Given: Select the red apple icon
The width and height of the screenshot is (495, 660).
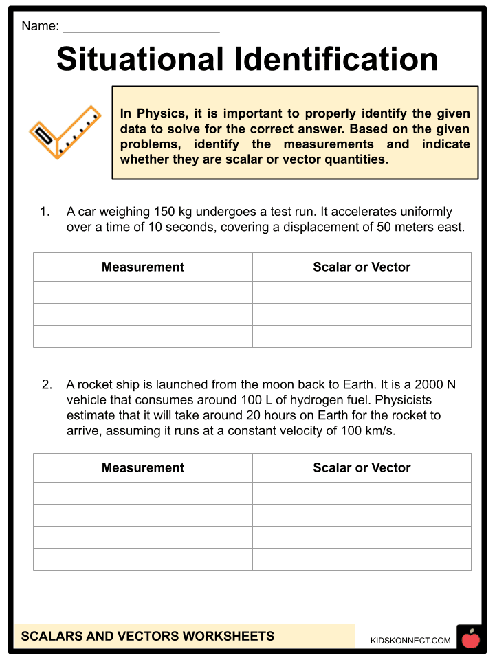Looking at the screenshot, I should click(471, 639).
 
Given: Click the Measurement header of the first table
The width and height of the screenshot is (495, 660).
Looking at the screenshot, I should click(143, 267).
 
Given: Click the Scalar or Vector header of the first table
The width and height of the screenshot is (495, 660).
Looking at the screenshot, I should click(362, 267).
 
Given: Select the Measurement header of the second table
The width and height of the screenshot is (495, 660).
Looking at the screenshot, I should click(143, 467).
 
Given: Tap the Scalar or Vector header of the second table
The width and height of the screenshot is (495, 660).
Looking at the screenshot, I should click(362, 467).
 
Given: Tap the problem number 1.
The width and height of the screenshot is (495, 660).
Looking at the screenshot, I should click(45, 212).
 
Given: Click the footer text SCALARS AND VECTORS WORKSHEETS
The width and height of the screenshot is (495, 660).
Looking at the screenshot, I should click(148, 636).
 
